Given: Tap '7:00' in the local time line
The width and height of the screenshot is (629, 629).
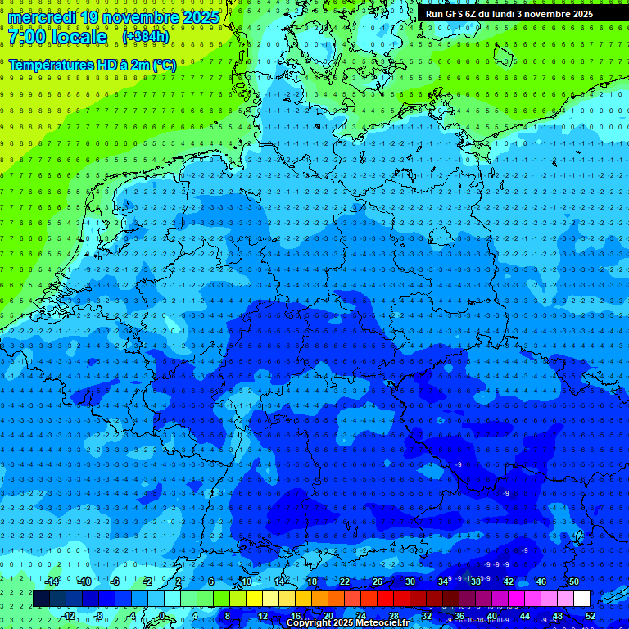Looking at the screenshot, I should (29, 38).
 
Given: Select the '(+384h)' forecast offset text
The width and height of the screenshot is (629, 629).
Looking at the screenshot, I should (145, 37).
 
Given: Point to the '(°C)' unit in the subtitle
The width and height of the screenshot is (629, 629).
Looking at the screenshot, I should (163, 65).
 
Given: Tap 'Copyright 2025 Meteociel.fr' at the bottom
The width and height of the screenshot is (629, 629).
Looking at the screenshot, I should (347, 623).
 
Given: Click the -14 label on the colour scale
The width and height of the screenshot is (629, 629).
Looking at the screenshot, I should (52, 581).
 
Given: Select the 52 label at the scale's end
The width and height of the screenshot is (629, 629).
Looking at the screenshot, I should (590, 616).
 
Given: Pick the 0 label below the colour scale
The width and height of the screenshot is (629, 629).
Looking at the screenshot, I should (163, 616).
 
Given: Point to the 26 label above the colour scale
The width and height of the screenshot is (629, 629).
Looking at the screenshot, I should (377, 581).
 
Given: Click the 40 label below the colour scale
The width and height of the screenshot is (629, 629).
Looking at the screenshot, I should (491, 616).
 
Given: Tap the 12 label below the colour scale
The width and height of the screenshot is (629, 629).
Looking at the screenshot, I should (262, 616).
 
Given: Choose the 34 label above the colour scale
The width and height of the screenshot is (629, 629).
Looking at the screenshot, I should (442, 581).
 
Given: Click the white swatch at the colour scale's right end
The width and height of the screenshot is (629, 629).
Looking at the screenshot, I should (581, 598).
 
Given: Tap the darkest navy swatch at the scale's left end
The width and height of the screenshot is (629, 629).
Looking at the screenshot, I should (41, 598).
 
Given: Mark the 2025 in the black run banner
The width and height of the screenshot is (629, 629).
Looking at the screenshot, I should (582, 14).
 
